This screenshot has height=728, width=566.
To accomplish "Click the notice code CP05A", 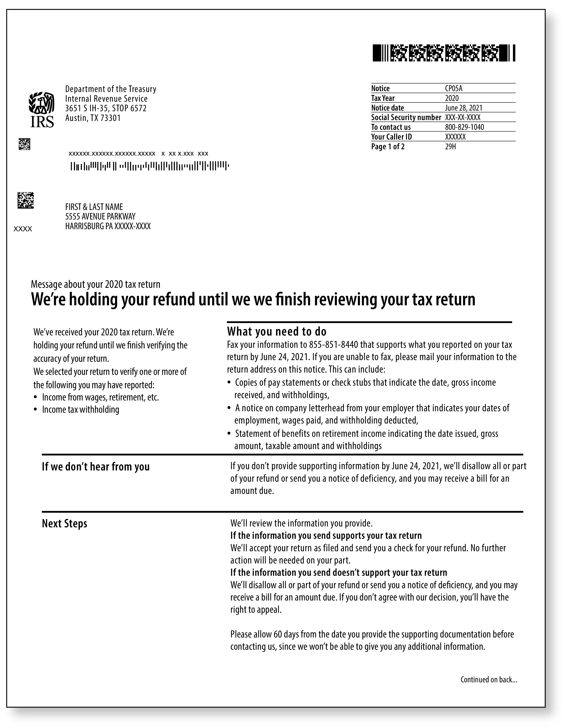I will click(454, 88).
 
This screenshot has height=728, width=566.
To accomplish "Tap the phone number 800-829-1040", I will click(464, 127).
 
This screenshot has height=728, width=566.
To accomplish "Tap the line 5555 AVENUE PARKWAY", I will click(100, 216).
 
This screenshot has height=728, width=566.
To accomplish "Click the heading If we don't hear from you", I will click(95, 467).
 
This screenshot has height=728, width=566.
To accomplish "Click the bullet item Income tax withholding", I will click(80, 409).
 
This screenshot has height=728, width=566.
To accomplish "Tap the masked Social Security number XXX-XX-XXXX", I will click(463, 117).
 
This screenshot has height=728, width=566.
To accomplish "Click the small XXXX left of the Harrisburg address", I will click(23, 229).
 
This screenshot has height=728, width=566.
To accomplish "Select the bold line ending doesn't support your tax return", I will click(338, 572).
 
